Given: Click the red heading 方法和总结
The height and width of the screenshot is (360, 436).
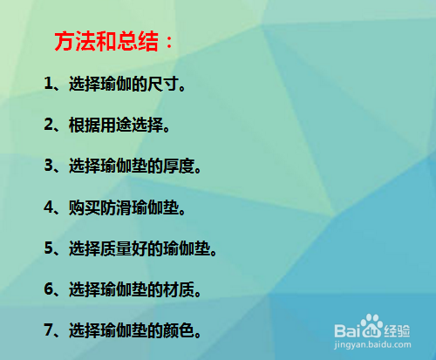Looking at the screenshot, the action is coord(106,41).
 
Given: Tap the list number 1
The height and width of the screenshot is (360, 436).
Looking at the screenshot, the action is coord(48,83).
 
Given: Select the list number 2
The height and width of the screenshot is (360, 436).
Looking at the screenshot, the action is coord(49,124).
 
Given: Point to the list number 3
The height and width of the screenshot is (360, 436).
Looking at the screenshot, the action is coord(49,165).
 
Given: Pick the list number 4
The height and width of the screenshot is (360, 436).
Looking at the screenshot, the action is coord(49,207).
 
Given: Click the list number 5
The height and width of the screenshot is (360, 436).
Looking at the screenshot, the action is coord(49,248).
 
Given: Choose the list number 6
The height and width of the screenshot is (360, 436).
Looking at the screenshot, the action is coord(49,289).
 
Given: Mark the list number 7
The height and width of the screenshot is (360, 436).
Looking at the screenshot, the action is coord(49,329).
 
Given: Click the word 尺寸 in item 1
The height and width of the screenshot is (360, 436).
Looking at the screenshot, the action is coord(163,84).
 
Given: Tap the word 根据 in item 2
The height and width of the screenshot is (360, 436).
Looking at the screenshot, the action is coord(85,125).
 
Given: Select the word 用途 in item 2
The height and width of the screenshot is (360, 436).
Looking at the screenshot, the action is coord(116,125).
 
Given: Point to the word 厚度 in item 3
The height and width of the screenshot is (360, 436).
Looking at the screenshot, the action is coord(179,166).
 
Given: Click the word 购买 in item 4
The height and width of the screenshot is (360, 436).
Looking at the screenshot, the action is coord(85,207).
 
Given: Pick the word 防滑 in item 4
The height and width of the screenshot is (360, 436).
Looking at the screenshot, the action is coord(116,207).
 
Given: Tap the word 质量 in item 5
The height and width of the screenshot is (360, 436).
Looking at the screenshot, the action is coord(116,248).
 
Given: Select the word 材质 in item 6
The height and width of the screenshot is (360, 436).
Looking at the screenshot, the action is coord(179,290).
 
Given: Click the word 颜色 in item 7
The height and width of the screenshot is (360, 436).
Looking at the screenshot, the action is coord(179,330).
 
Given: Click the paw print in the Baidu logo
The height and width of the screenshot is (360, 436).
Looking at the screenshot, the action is coord(371,325).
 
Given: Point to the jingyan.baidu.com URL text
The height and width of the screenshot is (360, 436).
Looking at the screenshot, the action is coord(372,345).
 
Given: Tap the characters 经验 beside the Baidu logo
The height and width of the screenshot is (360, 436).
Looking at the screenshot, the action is coord(397,331).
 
